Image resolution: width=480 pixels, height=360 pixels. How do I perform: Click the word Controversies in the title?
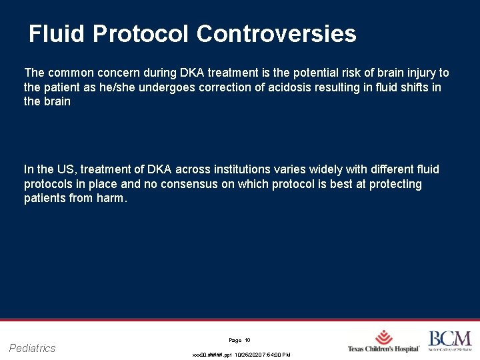[277, 34]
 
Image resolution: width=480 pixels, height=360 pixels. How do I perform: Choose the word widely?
[317, 169]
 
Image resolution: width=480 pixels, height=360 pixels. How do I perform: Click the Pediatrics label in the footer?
[33, 348]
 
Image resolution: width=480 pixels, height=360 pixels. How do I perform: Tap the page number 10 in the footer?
[247, 341]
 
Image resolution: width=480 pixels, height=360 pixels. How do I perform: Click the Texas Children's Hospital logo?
[383, 341]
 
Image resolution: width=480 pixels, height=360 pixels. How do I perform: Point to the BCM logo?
[449, 341]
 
